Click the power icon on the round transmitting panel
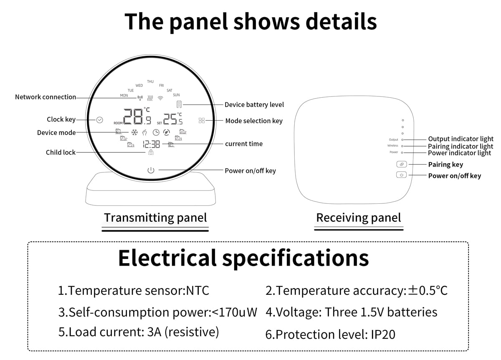tap(151, 170)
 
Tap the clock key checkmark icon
tap(99, 120)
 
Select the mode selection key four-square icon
tap(202, 121)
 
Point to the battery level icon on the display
tap(179, 104)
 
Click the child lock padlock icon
tap(151, 152)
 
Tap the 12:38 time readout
tap(152, 145)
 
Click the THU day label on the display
tap(150, 81)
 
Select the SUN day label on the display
tap(176, 95)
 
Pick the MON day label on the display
tap(124, 95)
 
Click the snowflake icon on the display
tap(134, 132)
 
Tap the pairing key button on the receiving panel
tap(402, 164)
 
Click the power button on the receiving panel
tap(402, 175)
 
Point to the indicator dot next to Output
tap(402, 140)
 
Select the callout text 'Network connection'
tap(46, 97)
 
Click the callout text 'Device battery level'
tap(254, 105)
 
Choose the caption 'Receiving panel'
tap(359, 218)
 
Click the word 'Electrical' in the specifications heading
tap(167, 258)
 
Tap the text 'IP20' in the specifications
tap(383, 335)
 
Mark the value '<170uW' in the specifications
tap(234, 312)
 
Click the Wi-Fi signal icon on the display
tap(160, 98)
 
